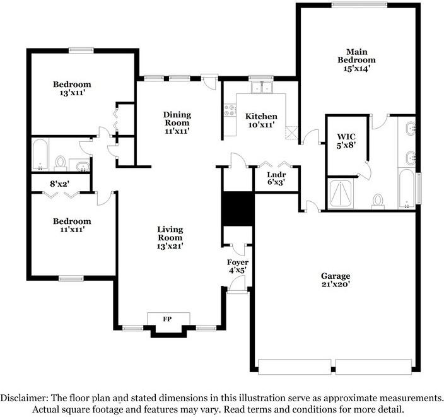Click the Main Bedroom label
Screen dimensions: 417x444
357,60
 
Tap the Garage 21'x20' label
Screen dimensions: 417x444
335,280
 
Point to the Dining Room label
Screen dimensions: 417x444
177,122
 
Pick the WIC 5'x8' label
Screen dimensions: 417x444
346,141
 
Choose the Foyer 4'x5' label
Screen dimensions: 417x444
238,266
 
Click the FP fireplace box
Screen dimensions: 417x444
168,319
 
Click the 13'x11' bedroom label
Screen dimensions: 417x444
72,88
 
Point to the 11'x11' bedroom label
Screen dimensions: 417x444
72,225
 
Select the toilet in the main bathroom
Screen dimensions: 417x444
378,200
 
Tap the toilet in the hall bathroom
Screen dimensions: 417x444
61,163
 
